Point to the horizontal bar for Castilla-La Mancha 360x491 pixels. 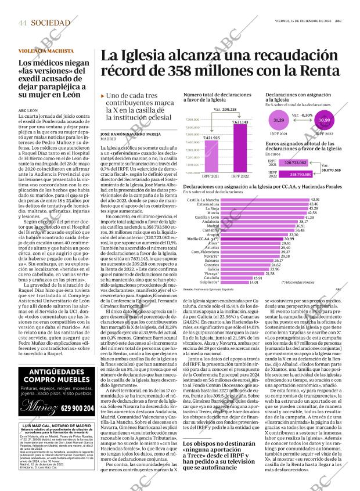coord(265,200)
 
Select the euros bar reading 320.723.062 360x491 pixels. coord(294,164)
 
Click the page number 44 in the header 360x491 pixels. coord(23,23)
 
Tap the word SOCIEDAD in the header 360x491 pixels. coord(51,23)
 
